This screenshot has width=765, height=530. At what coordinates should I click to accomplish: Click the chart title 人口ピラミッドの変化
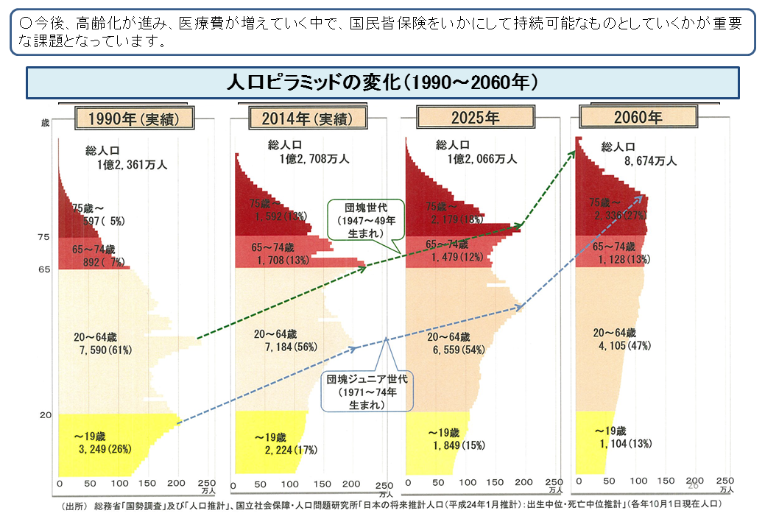pos(382,82)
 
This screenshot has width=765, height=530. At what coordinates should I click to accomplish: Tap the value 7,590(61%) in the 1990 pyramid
pos(105,350)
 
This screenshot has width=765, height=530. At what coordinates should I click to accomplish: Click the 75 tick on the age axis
pos(43,237)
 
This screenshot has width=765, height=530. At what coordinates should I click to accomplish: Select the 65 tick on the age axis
pos(43,269)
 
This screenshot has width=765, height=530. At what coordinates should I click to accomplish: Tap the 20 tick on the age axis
pos(44,415)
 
